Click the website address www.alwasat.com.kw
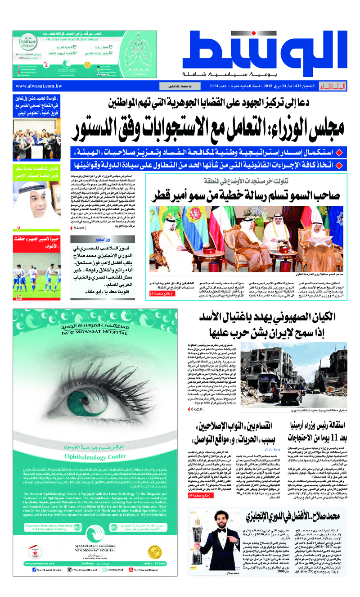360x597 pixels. click(x=39, y=86)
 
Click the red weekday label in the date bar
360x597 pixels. click(x=334, y=86)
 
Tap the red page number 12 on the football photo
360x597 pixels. click(x=18, y=297)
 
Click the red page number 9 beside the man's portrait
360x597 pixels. click(x=18, y=228)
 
